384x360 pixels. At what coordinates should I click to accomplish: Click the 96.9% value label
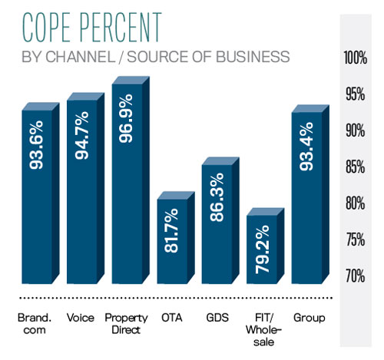(x=126, y=118)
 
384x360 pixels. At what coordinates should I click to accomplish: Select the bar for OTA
(x=176, y=238)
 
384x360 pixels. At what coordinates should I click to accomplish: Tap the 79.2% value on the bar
(x=263, y=249)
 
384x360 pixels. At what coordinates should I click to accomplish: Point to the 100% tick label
(x=355, y=58)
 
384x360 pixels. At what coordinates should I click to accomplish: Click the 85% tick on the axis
(x=355, y=167)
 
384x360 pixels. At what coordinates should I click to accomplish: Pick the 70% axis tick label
(x=355, y=276)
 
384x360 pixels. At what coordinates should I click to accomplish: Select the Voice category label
(x=81, y=318)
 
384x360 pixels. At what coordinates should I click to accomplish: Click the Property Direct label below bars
(x=126, y=324)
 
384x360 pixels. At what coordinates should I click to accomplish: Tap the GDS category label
(x=217, y=318)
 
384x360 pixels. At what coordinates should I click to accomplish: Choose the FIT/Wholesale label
(x=263, y=330)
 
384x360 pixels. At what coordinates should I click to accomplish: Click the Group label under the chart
(x=310, y=319)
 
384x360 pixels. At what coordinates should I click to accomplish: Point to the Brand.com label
(x=35, y=324)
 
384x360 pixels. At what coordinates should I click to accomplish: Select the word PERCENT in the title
(x=121, y=27)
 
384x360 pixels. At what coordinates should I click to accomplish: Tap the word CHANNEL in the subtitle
(x=80, y=57)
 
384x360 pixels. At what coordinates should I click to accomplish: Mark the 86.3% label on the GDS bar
(x=217, y=197)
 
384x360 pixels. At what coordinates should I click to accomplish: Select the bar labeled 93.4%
(x=310, y=194)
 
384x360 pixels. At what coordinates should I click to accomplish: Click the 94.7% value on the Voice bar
(x=82, y=135)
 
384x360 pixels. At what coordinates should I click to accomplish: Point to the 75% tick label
(x=355, y=239)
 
